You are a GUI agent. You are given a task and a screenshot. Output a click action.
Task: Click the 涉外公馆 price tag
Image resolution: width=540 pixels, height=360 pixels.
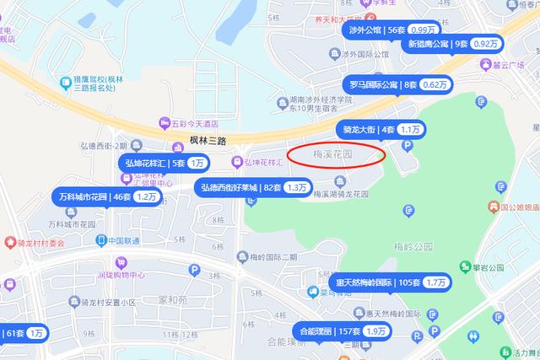click(392, 30)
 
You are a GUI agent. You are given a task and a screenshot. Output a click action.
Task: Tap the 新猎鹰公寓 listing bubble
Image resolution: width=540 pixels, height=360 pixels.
click(452, 44)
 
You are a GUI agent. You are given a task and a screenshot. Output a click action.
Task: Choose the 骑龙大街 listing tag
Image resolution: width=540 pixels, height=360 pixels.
click(381, 130)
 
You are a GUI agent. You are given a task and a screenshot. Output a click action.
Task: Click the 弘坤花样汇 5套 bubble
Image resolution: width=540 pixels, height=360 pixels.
click(164, 163)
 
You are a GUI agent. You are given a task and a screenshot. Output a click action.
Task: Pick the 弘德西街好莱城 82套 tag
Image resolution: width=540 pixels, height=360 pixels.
click(253, 186)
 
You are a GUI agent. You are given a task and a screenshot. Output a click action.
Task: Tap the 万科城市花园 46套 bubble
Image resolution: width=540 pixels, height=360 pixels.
click(106, 196)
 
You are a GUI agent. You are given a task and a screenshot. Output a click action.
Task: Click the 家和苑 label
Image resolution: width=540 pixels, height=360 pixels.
click(171, 298)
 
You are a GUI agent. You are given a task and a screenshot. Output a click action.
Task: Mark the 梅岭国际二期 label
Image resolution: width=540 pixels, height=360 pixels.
click(268, 257)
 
